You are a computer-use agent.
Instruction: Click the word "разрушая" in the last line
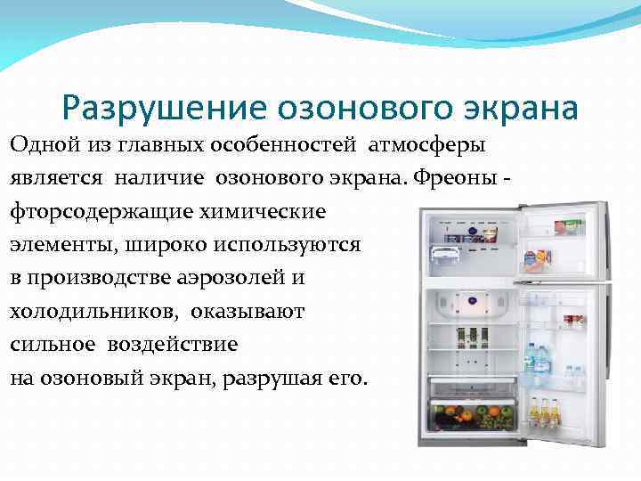269,378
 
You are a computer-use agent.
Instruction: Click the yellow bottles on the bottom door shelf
544,412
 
